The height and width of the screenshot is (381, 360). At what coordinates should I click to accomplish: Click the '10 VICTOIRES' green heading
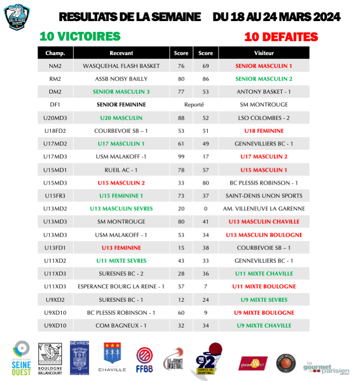point(80,37)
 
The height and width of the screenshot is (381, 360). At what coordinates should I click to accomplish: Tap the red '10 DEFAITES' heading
point(281,37)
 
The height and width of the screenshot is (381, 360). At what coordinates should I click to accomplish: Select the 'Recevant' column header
point(121,53)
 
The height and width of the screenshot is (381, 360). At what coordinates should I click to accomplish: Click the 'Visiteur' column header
point(264,53)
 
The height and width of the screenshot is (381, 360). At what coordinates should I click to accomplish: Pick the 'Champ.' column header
point(55,53)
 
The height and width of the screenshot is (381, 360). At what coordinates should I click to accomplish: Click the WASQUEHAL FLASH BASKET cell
point(121,66)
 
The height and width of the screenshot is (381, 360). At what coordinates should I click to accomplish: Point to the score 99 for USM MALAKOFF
point(181,157)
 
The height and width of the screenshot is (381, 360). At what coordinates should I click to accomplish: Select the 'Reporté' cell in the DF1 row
point(194,105)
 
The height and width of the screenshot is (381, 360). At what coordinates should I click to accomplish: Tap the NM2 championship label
point(55,66)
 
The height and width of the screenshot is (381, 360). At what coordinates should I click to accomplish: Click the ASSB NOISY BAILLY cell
point(121,79)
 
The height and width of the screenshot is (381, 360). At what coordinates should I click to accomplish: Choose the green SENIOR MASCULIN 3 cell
point(121,92)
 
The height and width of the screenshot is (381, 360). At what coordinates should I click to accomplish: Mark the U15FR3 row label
point(55,196)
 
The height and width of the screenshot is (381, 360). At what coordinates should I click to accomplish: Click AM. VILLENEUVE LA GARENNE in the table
point(264,209)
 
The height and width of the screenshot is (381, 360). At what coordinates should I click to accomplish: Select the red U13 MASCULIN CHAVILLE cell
point(264,222)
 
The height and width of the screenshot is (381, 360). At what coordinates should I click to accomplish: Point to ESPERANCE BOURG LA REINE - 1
point(121,286)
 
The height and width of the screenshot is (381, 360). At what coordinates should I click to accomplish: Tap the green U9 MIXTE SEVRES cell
point(264,299)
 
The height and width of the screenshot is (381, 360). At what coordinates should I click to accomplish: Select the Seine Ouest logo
point(21,358)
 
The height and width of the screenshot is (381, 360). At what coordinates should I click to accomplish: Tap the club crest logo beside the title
point(19,17)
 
